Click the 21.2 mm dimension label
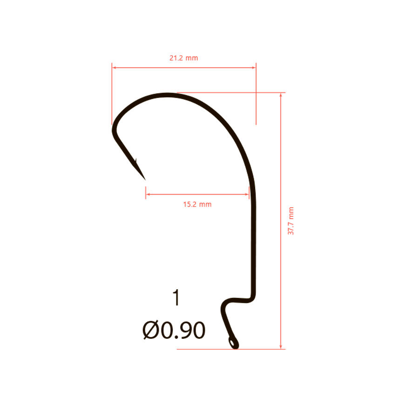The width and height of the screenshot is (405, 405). tap(183, 58)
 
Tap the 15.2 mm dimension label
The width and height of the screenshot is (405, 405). tap(197, 204)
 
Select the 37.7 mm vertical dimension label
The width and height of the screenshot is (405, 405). tap(291, 221)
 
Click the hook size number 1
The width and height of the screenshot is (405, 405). tap(176, 297)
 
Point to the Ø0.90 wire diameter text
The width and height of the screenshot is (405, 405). tap(174, 330)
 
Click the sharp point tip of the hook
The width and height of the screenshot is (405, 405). tap(145, 180)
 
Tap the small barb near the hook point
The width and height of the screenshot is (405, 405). tap(135, 161)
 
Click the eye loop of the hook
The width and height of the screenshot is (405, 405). tap(233, 343)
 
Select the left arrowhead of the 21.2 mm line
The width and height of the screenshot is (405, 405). tap(114, 67)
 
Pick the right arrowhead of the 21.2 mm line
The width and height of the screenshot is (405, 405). tap(254, 67)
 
